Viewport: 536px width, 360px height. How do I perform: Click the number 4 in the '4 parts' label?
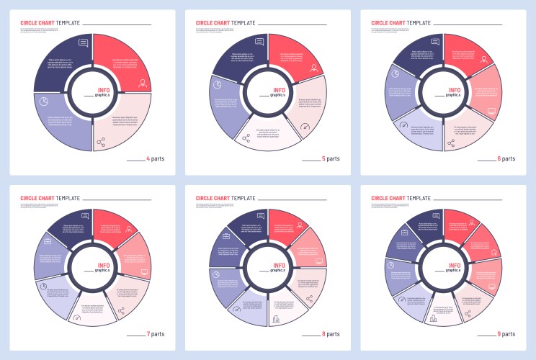coord(148,158)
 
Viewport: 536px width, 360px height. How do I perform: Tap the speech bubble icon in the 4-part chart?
coord(83,42)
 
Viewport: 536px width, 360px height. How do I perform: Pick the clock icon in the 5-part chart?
coord(217,84)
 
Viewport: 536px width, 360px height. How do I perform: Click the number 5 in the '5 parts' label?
coord(323,158)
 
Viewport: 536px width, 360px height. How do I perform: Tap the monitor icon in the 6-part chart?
coord(491,112)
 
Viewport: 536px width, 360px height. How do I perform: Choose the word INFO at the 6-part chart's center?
coord(455,90)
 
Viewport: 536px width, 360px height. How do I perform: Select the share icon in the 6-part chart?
coord(452,143)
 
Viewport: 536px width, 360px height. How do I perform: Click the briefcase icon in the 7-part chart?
coord(47,241)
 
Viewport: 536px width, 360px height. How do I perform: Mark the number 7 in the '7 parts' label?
coord(148,335)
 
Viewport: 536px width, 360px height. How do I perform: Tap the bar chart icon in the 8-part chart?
coord(275,319)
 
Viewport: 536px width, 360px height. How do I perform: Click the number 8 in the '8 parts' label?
coord(323,335)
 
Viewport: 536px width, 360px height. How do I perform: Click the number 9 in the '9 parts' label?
coord(499,335)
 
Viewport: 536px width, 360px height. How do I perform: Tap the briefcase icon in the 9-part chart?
coord(404,234)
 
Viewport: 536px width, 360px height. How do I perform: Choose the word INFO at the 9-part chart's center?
coord(455,266)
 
